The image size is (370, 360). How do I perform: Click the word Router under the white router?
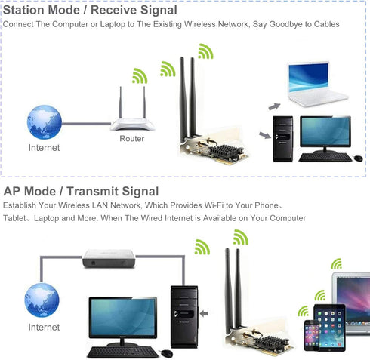point(132,138)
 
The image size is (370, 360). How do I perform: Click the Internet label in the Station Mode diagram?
point(44,148)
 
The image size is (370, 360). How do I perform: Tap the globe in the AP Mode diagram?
point(42,300)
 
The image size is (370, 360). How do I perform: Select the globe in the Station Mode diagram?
point(45,122)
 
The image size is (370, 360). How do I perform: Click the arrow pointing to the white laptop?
point(274,106)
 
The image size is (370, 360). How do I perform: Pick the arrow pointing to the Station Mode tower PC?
point(265,135)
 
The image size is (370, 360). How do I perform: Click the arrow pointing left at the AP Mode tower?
point(204,313)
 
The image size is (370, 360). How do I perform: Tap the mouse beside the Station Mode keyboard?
point(358,158)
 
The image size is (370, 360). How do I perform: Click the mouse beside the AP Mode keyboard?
point(167,353)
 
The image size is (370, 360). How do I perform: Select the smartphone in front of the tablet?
point(312,335)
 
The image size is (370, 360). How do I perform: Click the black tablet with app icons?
point(330,328)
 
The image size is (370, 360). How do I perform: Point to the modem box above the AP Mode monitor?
point(109,258)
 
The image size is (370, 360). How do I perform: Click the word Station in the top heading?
point(23,10)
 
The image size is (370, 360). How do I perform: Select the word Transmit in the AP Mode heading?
point(93,191)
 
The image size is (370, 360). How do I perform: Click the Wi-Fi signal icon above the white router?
point(140,75)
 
